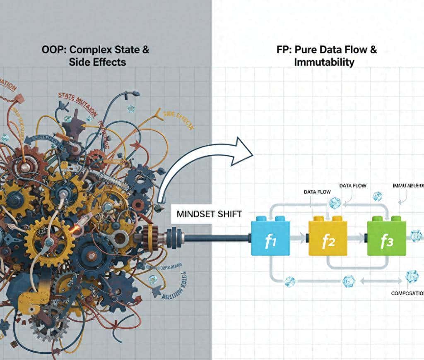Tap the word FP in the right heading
click(284, 50)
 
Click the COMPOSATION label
click(407, 293)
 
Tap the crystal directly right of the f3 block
click(415, 236)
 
